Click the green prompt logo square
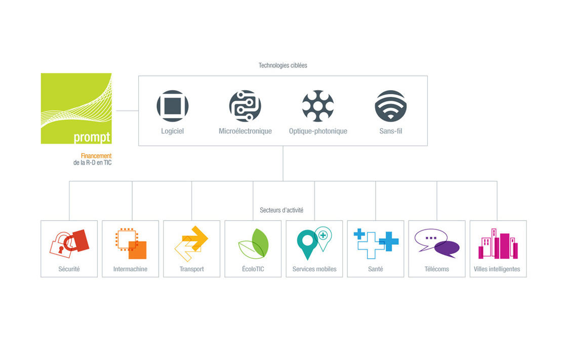pyautogui.click(x=76, y=108)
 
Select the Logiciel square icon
pyautogui.click(x=173, y=106)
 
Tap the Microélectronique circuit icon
pyautogui.click(x=245, y=106)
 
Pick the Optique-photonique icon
pyautogui.click(x=318, y=106)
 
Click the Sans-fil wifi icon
pyautogui.click(x=390, y=106)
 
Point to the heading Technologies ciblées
pyautogui.click(x=283, y=65)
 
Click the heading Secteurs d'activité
pyautogui.click(x=281, y=210)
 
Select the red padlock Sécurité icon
pyautogui.click(x=69, y=244)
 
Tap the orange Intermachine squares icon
pyautogui.click(x=131, y=244)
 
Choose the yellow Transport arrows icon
pyautogui.click(x=191, y=244)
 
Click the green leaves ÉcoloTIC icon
pyautogui.click(x=254, y=244)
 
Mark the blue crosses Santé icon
pyautogui.click(x=376, y=244)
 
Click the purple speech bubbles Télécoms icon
pyautogui.click(x=437, y=243)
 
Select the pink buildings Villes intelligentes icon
pyautogui.click(x=498, y=244)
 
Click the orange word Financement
pyautogui.click(x=96, y=156)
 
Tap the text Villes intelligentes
pyautogui.click(x=497, y=269)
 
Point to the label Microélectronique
pyautogui.click(x=245, y=131)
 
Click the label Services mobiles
pyautogui.click(x=314, y=269)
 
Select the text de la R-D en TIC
pyautogui.click(x=93, y=163)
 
